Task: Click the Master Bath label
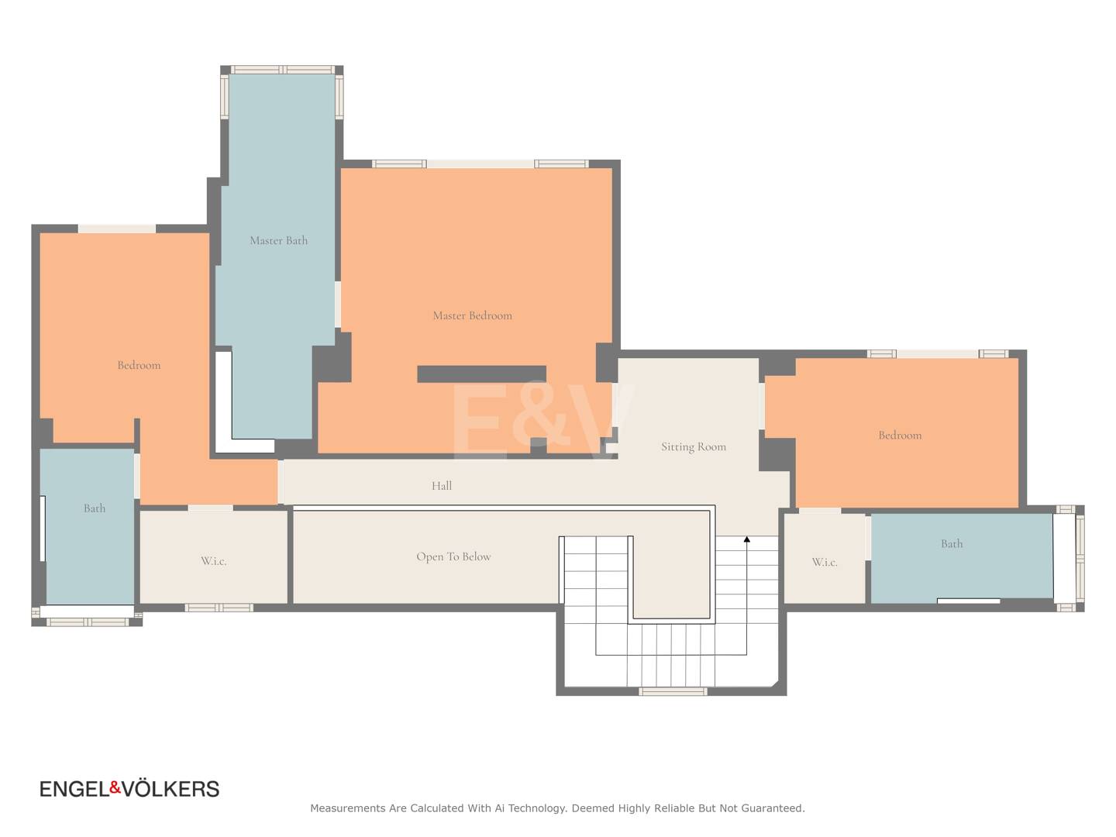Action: [x=279, y=240]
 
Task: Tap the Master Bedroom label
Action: [x=472, y=315]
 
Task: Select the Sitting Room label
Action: [x=694, y=446]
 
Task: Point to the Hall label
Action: [x=441, y=486]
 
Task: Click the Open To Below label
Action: [x=453, y=557]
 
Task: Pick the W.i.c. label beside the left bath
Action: [x=214, y=561]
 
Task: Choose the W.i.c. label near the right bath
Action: [x=825, y=562]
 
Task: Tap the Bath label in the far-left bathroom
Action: [x=95, y=508]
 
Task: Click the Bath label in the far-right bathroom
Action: [x=952, y=544]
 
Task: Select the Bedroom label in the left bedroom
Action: [x=139, y=365]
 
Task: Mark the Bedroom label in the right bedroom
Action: [x=900, y=436]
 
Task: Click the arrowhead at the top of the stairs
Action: [x=747, y=539]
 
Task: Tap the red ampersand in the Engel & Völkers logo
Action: [x=115, y=787]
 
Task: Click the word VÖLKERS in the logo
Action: [x=170, y=789]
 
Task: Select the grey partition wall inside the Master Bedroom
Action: [x=481, y=374]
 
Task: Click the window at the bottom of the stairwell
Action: [x=673, y=691]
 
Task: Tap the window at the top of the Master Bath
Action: [x=283, y=70]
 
